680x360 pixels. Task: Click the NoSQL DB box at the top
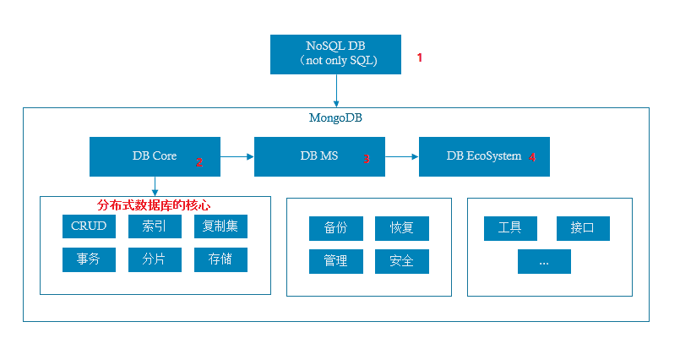point(337,54)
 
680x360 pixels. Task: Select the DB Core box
point(155,156)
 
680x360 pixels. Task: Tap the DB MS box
point(319,156)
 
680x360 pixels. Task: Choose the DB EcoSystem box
point(484,156)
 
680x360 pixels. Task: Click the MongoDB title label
point(335,117)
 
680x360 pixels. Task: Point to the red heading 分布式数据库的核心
point(154,205)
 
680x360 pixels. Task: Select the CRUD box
point(89,226)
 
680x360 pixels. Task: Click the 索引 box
point(155,226)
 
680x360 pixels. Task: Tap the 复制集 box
point(220,226)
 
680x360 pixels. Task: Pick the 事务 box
point(89,259)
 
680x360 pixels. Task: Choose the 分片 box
point(155,259)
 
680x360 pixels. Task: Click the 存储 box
point(220,259)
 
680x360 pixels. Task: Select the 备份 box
point(336,228)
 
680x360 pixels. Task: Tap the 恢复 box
point(402,228)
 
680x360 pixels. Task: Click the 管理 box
point(336,261)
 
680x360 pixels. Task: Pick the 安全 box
point(402,261)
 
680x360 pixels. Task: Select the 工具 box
point(510,228)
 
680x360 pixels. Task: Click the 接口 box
point(583,228)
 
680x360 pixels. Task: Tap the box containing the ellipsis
point(544,261)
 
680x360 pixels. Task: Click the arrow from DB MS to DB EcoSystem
point(401,156)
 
